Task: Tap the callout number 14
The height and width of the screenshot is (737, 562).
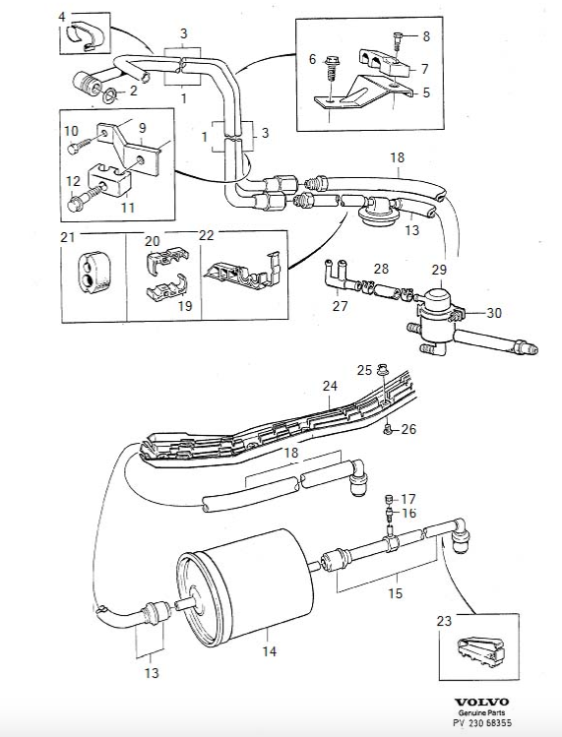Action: pyautogui.click(x=270, y=651)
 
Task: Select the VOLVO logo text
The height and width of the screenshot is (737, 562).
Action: pyautogui.click(x=482, y=703)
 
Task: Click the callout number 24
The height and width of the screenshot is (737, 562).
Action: pyautogui.click(x=330, y=386)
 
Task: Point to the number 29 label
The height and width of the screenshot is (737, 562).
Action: pyautogui.click(x=439, y=270)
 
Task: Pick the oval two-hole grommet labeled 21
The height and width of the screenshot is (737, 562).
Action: pyautogui.click(x=94, y=271)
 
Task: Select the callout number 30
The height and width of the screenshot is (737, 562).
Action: pyautogui.click(x=493, y=313)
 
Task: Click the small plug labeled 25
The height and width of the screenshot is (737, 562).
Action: pyautogui.click(x=381, y=370)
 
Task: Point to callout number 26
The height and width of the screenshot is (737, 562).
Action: pyautogui.click(x=408, y=429)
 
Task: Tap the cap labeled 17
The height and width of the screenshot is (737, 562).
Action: pyautogui.click(x=389, y=499)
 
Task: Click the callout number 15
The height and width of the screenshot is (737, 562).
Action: pyautogui.click(x=395, y=593)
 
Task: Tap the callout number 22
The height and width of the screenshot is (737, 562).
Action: pyautogui.click(x=207, y=235)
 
